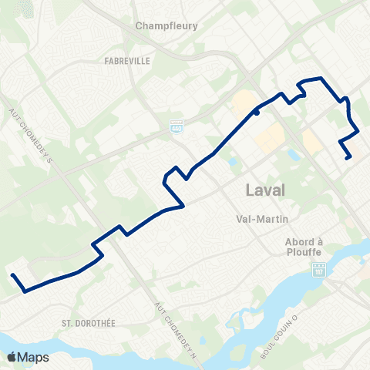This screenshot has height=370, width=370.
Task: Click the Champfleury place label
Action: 166,25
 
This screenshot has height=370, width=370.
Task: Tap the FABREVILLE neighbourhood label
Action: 128,59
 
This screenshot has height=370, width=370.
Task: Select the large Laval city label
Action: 264,190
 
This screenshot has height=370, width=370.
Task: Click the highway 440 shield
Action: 177,124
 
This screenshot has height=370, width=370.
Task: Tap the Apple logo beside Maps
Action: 12,357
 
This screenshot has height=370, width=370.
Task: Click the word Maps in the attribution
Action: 34,357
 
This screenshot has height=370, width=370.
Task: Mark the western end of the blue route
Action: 12,275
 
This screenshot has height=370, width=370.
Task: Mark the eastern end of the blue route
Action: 350,158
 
